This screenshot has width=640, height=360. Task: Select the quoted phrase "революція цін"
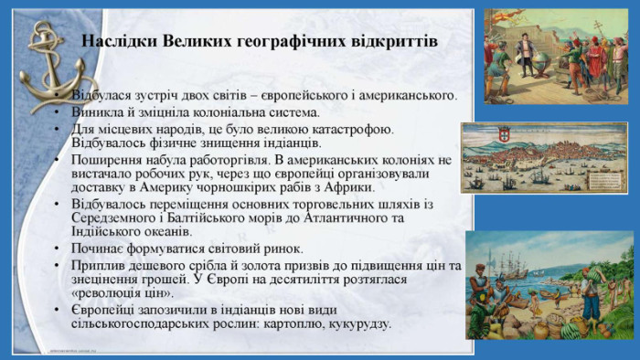(123, 293)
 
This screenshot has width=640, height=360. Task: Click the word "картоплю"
(293, 324)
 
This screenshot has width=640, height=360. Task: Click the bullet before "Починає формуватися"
(57, 249)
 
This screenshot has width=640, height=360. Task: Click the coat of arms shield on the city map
(503, 133)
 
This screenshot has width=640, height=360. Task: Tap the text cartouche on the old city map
(605, 179)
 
